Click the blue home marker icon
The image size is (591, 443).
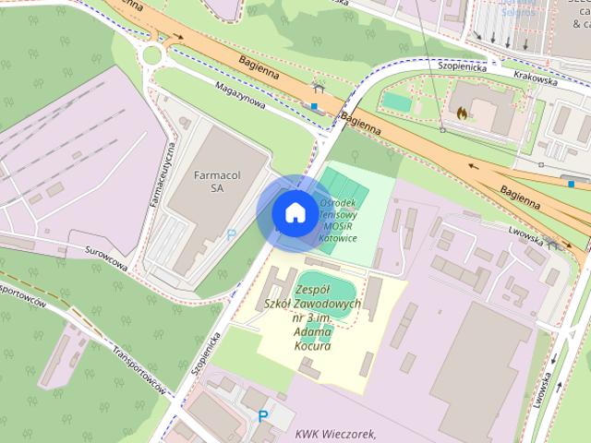pos(294,212)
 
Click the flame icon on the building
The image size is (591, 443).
pos(459,112)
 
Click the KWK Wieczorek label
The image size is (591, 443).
pos(337,434)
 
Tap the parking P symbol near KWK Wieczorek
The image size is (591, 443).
pos(263,416)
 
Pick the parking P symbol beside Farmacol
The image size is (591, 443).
pos(232,234)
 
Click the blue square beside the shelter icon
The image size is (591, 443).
pos(315,106)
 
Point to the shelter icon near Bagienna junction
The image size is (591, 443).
pos(319,88)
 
